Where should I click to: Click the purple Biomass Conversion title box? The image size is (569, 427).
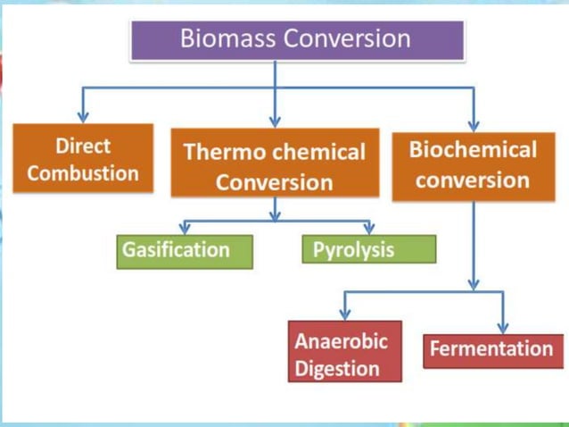point(297,40)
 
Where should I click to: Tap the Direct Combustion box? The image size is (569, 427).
point(83,159)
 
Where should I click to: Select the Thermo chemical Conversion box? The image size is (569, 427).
point(275,166)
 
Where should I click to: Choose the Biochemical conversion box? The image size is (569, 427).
point(473,164)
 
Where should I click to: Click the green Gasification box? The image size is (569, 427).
point(185,251)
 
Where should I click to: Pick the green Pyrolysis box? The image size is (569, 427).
point(368,250)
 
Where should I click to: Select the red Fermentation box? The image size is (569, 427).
point(492,349)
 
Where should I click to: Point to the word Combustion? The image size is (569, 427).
point(83,172)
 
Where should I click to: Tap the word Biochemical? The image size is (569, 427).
point(473,149)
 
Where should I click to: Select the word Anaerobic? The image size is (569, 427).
point(342,342)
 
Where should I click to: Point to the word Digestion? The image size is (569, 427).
point(337,368)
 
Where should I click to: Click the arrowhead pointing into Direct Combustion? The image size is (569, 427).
point(83,116)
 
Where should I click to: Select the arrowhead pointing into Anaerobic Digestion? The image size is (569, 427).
point(344,314)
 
